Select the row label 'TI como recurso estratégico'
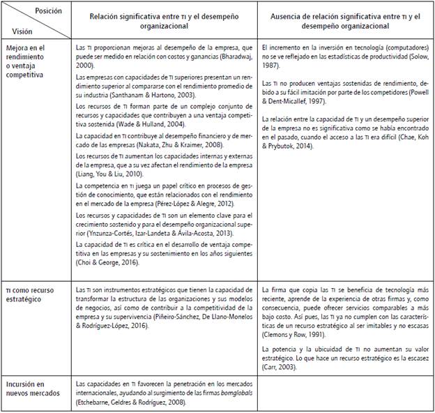[x=33, y=294]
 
